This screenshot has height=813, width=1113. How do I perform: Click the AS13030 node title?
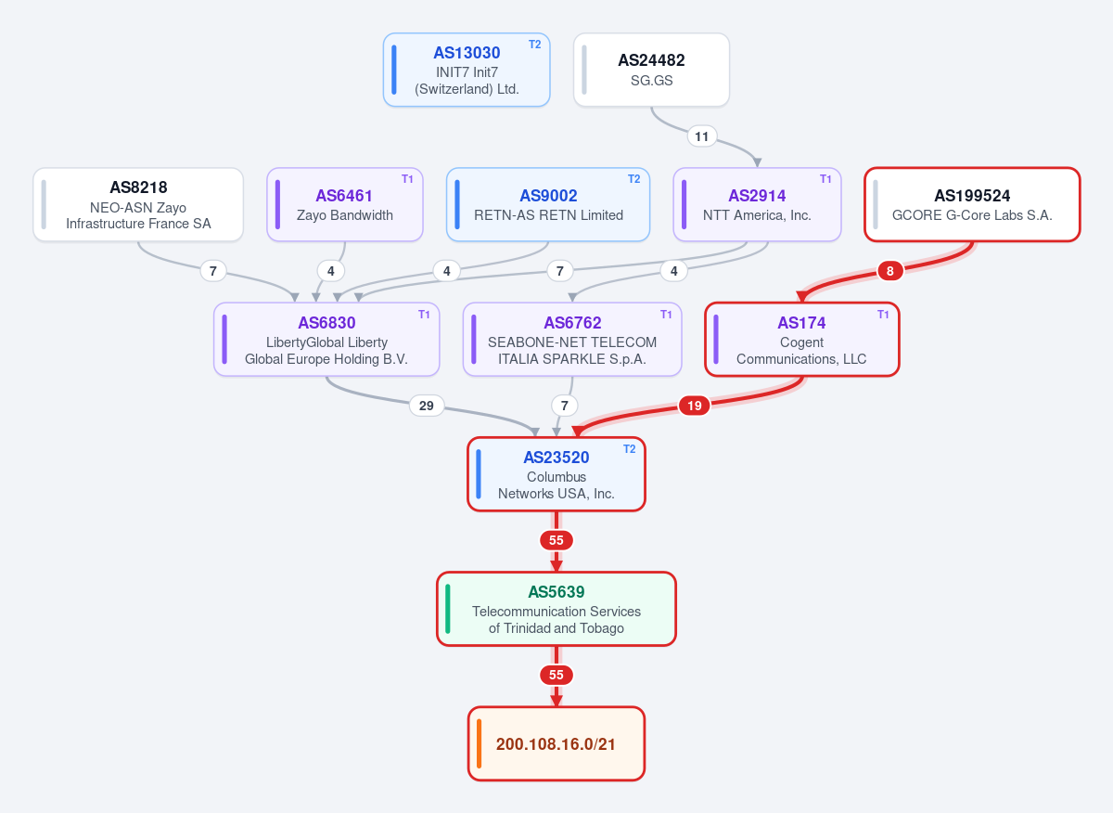[467, 53]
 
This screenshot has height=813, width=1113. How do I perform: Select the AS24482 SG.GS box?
[651, 70]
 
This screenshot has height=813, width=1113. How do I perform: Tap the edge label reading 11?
[701, 136]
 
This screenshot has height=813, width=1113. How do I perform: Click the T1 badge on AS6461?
[407, 179]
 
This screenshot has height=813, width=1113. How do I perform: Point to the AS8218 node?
[138, 204]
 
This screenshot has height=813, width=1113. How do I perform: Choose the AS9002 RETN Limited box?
[548, 204]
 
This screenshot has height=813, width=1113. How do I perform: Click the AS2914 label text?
[757, 196]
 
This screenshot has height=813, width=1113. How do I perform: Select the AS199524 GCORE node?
[972, 204]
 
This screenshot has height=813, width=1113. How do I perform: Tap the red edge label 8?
[889, 271]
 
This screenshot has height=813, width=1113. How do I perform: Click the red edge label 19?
[694, 406]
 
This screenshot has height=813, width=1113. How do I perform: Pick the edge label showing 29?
[427, 406]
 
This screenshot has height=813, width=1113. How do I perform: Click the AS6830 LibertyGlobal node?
[326, 339]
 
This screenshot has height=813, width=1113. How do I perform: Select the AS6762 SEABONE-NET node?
[572, 339]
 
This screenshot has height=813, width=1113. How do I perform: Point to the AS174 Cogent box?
[802, 339]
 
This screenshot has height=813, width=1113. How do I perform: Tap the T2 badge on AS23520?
[629, 449]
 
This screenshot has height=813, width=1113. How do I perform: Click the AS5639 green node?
[556, 609]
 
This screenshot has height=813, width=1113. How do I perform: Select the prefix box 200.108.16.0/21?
[556, 744]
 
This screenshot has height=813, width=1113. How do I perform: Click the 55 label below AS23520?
[556, 540]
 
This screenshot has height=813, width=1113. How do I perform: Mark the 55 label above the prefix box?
[556, 676]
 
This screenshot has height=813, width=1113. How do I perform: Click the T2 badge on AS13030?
[534, 45]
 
